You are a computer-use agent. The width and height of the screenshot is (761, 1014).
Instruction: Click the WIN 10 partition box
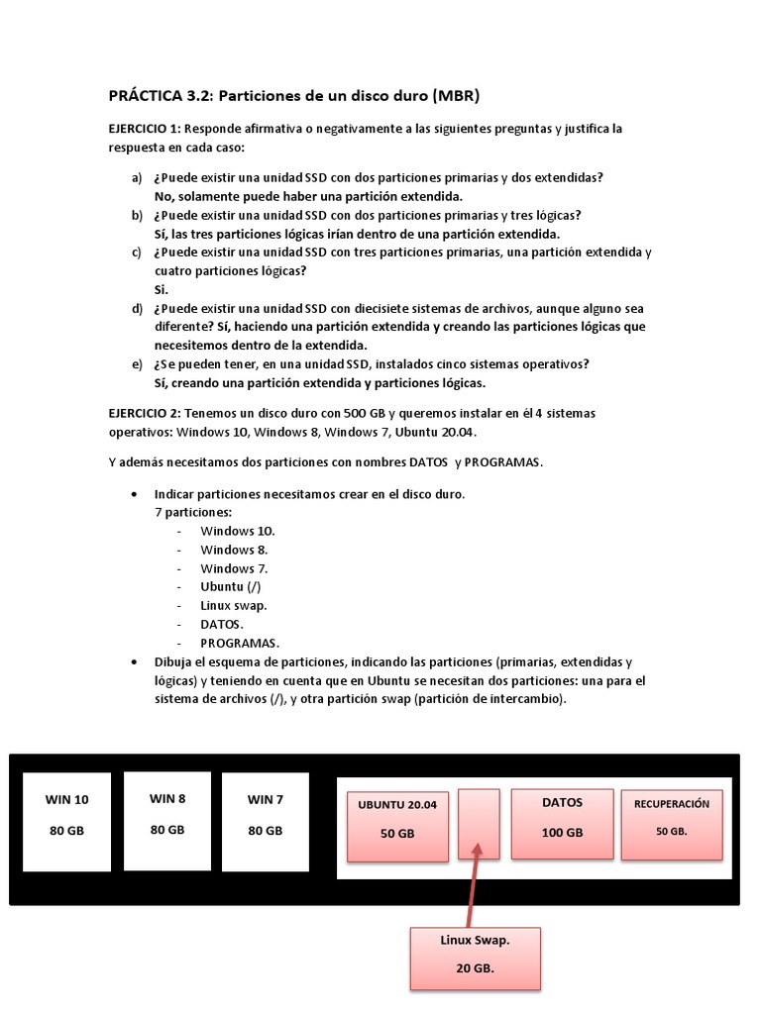coord(66,822)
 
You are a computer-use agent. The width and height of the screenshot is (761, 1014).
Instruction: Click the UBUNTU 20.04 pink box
coord(396,824)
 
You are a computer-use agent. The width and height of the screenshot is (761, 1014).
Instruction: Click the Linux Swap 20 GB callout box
coord(476,958)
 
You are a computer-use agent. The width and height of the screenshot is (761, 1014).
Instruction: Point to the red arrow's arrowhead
coord(479,849)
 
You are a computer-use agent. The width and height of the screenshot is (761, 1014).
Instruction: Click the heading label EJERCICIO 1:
coord(145,129)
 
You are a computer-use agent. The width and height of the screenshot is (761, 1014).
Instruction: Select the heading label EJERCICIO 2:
coord(145,413)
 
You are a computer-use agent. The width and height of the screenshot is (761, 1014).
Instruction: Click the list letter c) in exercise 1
coord(137,253)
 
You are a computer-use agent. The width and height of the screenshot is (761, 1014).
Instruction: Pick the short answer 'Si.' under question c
coord(162,289)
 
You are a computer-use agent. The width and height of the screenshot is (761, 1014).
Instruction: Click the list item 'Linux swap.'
coord(233,605)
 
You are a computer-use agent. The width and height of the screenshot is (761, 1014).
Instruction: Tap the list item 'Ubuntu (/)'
coord(230,586)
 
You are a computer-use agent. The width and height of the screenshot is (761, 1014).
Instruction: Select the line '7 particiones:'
coord(193,512)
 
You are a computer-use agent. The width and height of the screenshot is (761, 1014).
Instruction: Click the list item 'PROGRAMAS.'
coord(240,643)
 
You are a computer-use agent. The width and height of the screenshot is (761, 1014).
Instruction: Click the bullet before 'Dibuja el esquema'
coord(134,661)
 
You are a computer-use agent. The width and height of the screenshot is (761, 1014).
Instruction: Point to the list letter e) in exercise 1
coord(137,364)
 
